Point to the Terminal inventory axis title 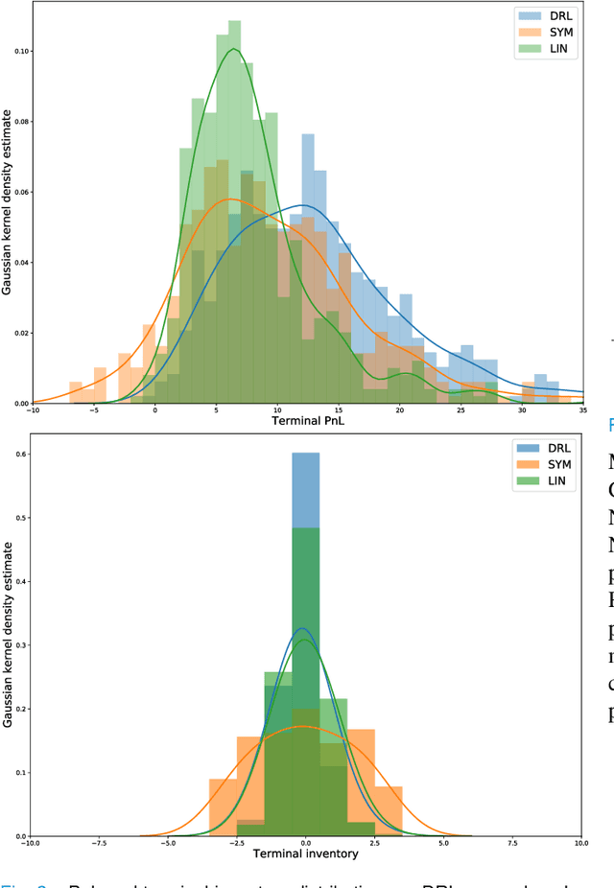(x=305, y=853)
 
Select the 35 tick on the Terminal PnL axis (x=581, y=410)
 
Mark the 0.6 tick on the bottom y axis (x=20, y=455)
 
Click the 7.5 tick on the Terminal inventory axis (x=512, y=843)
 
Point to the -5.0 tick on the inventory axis (x=168, y=843)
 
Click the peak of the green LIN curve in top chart (x=233, y=49)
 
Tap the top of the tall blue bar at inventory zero (x=305, y=454)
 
